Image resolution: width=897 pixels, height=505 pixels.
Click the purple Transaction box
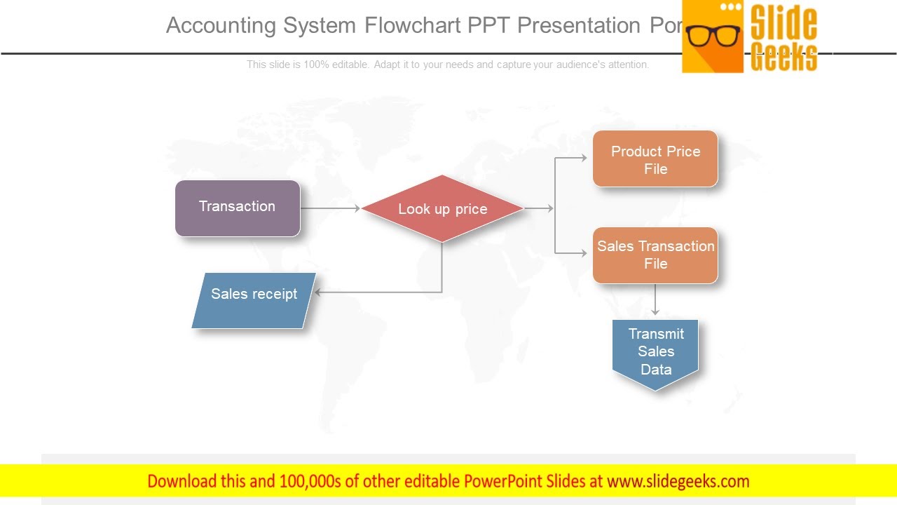238,208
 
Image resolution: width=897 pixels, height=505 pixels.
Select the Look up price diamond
442,209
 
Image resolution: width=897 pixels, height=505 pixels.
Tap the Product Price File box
655,159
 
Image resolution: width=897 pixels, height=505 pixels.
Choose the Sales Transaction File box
655,255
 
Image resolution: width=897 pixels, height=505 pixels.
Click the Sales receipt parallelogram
254,300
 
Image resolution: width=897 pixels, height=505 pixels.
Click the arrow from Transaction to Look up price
329,208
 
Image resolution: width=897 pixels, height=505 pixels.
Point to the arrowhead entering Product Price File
584,159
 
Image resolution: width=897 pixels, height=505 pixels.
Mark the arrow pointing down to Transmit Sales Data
655,300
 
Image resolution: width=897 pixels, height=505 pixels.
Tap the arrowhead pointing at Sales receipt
318,292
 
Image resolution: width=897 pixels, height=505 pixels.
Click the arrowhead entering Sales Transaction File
584,253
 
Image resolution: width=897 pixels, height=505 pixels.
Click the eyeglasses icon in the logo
713,35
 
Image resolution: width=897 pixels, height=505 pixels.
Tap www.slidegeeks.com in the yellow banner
678,481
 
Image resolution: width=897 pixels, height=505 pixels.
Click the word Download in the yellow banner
182,481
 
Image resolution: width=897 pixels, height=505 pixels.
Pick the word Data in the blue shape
656,370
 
